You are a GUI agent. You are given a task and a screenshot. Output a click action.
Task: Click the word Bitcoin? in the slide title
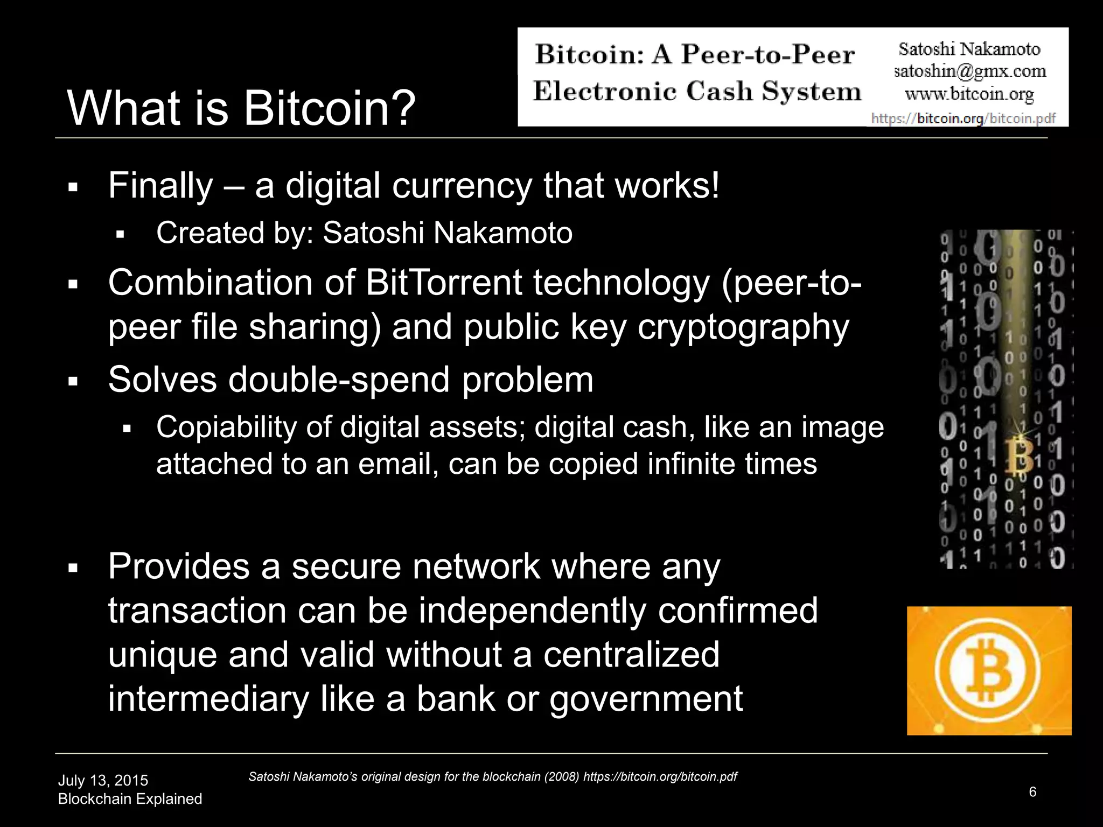(330, 108)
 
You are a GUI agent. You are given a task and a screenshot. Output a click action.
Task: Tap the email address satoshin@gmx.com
(970, 71)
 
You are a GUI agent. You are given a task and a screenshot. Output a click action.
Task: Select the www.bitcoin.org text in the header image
(969, 94)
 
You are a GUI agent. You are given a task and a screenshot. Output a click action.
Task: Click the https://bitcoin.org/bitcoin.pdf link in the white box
(963, 118)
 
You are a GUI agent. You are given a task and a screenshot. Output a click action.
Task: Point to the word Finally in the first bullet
(160, 186)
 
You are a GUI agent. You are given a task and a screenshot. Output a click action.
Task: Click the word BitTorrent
(444, 283)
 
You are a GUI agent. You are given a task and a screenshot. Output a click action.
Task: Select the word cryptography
(743, 327)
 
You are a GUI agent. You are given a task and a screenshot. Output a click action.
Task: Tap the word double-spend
(339, 379)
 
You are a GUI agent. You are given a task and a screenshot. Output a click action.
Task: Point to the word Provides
(179, 566)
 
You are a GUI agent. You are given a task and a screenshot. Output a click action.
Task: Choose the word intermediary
(208, 698)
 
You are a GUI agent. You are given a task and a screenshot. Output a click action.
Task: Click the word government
(646, 698)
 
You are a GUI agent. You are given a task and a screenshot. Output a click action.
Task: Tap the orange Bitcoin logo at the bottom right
(989, 671)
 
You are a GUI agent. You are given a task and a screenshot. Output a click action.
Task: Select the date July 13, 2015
(103, 781)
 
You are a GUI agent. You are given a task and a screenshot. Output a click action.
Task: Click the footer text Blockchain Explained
(130, 799)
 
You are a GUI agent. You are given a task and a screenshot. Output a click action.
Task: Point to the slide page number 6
(1032, 792)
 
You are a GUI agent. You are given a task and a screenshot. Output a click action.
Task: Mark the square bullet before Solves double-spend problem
(74, 382)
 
